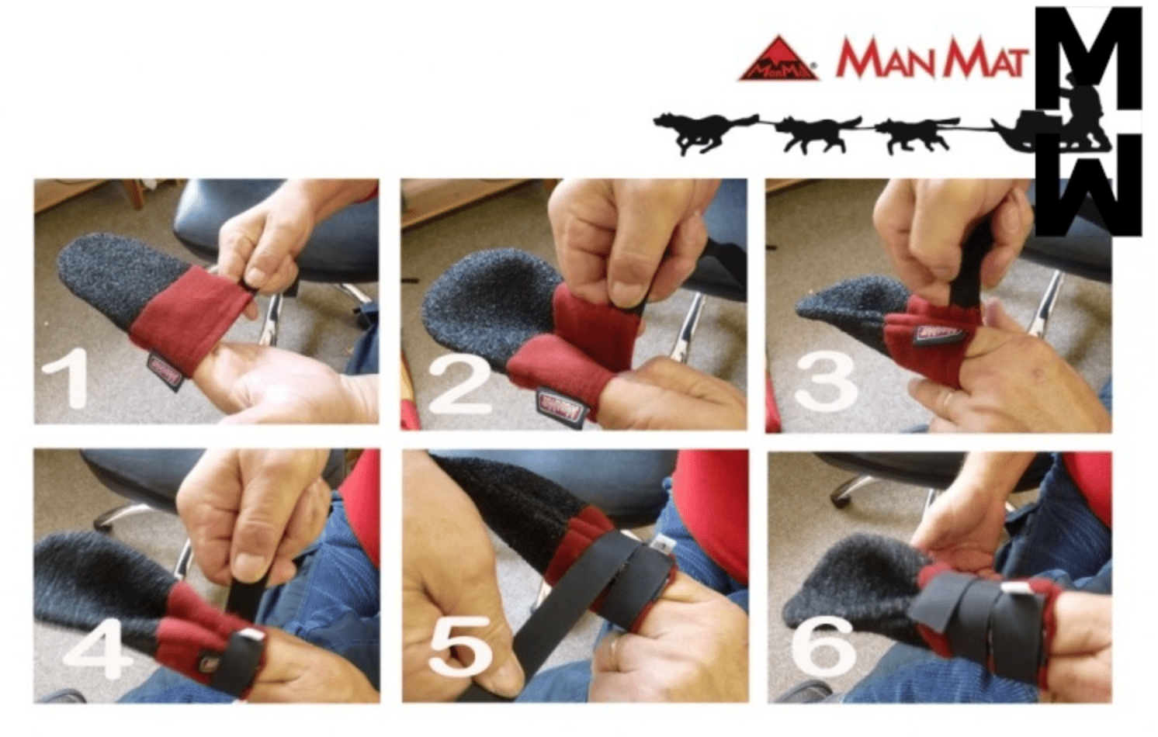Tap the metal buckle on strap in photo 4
click(249, 637)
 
